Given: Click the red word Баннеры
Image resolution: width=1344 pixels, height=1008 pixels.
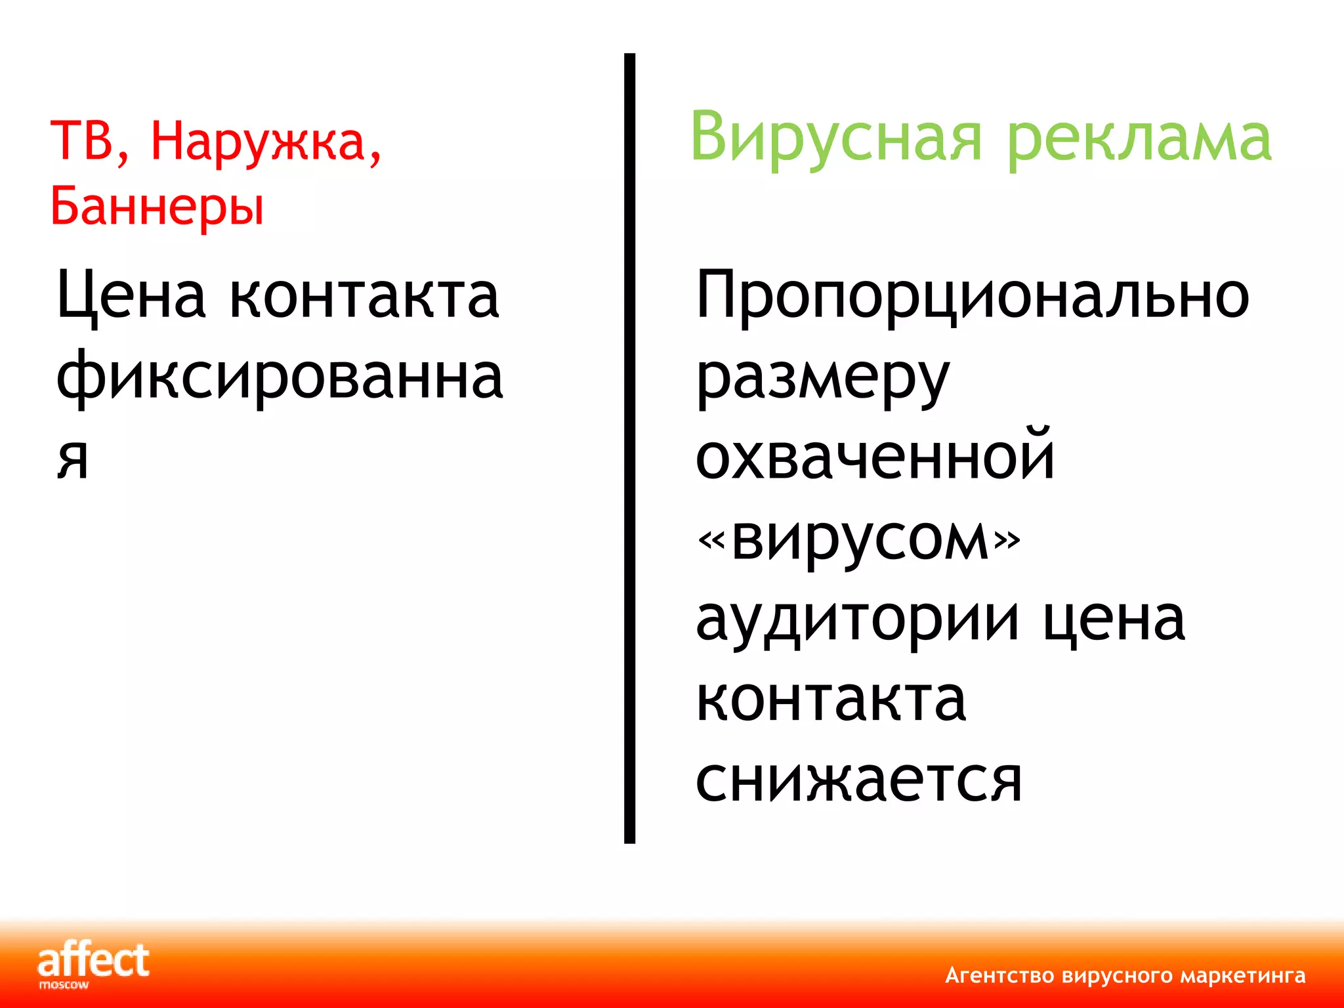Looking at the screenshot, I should click(x=157, y=206).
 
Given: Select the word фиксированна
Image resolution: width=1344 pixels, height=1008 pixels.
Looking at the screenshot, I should click(x=280, y=377).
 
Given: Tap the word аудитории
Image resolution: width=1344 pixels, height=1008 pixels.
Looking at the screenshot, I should click(x=857, y=620).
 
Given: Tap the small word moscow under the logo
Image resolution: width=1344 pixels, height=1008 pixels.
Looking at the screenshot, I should click(x=64, y=985).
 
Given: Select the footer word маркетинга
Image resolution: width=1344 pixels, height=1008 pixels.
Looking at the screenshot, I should click(x=1242, y=976).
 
